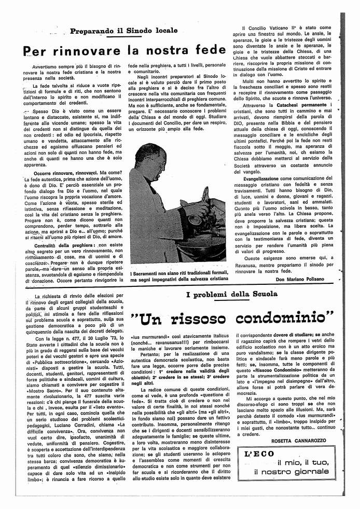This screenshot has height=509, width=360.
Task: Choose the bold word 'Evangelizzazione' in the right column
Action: pos(269,178)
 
